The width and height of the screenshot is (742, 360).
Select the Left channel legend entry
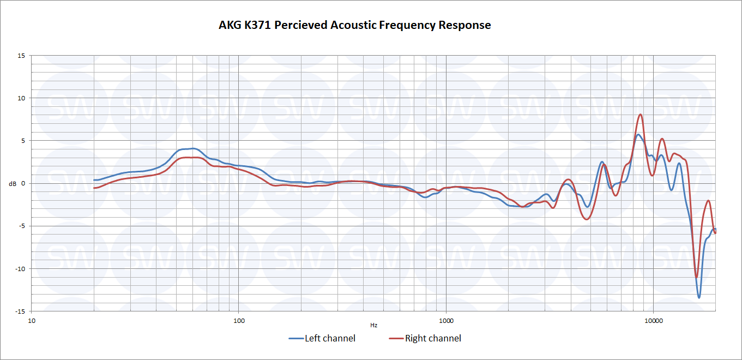(322, 339)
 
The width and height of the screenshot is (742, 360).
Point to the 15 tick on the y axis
(22, 56)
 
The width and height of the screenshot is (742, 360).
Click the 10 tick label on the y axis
(22, 98)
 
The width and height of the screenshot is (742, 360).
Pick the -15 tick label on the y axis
(21, 311)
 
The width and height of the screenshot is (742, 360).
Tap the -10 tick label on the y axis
(21, 269)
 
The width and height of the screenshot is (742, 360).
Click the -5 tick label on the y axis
(22, 226)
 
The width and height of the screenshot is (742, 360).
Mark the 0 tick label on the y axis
(23, 184)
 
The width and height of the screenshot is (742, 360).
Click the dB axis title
(13, 184)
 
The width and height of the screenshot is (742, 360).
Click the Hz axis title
(373, 326)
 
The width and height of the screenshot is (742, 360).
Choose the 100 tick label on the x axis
(239, 320)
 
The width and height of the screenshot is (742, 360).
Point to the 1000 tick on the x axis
(446, 320)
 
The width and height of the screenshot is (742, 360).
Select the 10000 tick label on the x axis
(653, 320)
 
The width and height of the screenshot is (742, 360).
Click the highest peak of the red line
(641, 115)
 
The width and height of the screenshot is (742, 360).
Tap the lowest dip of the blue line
(699, 297)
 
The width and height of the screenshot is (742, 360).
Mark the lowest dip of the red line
(696, 277)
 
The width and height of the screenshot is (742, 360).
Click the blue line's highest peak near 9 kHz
(638, 134)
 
